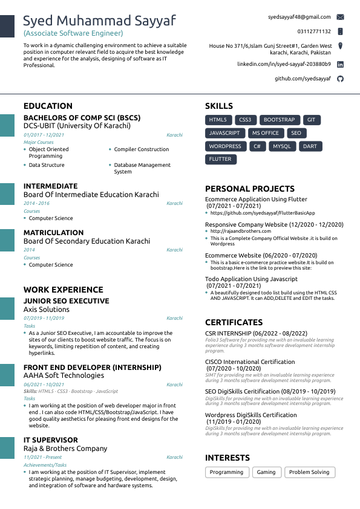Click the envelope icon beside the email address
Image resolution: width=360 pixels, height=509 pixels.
pos(340,17)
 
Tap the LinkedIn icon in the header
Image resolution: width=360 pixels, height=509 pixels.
pos(340,64)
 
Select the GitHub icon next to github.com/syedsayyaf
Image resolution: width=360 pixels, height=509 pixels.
pos(340,79)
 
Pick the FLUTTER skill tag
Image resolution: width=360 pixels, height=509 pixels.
pos(220,159)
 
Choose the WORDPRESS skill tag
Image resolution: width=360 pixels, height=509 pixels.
pos(225,146)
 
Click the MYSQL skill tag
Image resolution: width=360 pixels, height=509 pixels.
pos(282,146)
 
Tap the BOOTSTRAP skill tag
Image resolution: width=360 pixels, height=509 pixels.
pos(279,120)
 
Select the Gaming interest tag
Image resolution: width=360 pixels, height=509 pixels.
pos(266,472)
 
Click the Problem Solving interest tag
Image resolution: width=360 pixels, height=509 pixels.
pos(309,472)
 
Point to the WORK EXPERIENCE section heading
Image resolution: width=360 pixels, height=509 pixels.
pos(64,290)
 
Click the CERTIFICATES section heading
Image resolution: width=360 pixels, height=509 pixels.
pos(234,322)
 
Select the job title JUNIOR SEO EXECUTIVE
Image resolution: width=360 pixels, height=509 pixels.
pos(67,301)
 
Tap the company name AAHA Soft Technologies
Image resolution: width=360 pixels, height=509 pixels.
pos(64,375)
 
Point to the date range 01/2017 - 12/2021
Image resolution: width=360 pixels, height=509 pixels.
pos(44,135)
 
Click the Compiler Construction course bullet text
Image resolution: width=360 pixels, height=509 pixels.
pos(142,149)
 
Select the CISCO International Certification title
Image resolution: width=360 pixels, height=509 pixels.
pos(250,362)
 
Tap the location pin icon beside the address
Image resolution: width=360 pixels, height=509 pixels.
pos(340,46)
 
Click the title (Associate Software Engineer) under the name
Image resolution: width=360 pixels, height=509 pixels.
pos(73,33)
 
